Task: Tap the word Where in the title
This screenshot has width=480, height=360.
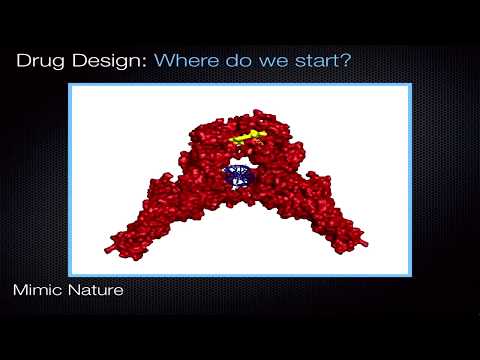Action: point(188,61)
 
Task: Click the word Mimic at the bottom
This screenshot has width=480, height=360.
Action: point(38,292)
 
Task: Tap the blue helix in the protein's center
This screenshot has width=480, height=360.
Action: point(239,177)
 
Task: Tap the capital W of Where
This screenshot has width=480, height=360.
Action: point(164,61)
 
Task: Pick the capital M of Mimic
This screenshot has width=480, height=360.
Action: point(20,292)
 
